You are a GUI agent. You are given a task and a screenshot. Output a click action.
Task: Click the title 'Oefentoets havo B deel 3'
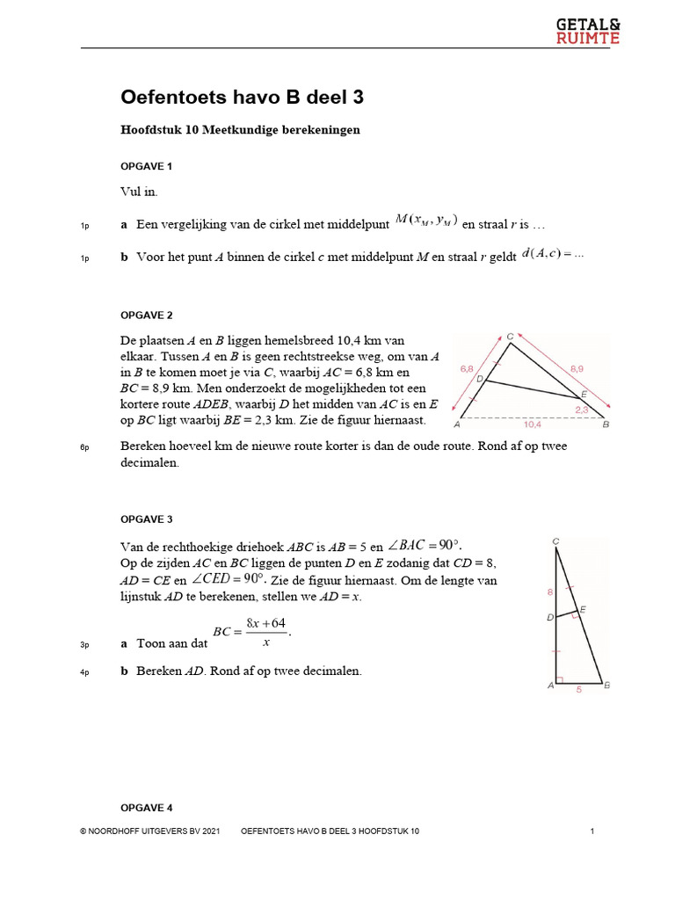(x=242, y=98)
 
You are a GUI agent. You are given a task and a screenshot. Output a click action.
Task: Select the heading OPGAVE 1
(x=146, y=166)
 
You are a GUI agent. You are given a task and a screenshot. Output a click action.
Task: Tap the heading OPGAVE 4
(x=146, y=807)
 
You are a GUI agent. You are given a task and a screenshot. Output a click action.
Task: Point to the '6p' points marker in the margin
(x=84, y=448)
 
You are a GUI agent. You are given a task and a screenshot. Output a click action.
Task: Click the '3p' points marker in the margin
(x=84, y=646)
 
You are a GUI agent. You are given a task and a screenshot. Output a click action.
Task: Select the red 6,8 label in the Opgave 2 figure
(x=466, y=369)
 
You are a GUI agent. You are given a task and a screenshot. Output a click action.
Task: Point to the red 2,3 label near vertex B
(x=582, y=409)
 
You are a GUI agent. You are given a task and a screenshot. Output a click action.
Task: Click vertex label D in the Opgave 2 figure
(x=480, y=379)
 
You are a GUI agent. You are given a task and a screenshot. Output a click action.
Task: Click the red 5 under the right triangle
(x=578, y=690)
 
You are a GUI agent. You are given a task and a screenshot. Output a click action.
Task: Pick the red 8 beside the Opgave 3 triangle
(x=550, y=592)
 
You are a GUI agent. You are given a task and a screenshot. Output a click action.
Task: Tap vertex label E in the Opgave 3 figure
(x=584, y=609)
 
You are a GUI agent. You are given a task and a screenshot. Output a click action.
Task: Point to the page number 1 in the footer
(x=593, y=831)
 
